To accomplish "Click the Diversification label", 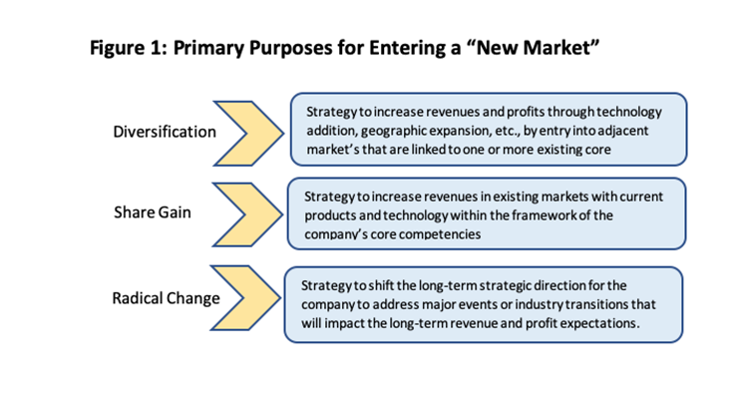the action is (x=165, y=132).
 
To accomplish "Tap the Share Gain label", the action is (x=152, y=212).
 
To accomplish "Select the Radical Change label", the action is (x=166, y=298).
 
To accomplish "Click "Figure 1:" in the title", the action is (x=129, y=48).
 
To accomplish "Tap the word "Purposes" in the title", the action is (x=290, y=48).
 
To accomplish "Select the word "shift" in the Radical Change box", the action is (x=378, y=285).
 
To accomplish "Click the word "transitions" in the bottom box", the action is (x=596, y=304).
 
